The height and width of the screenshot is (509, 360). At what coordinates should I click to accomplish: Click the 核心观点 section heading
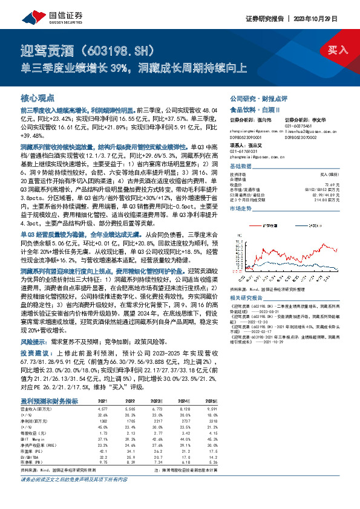tap(38, 97)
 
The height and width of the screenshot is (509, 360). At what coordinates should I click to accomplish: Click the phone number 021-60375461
tap(299, 125)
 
